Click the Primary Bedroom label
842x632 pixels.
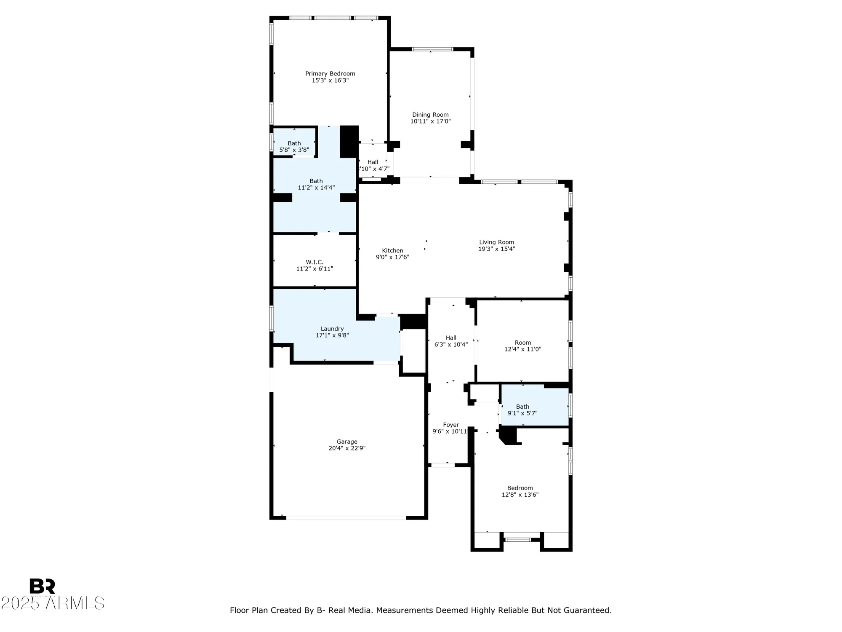330,74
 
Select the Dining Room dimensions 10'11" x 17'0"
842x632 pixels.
430,121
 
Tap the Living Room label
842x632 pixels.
496,242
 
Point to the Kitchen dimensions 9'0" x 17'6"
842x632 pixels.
392,257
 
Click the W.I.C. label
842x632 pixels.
314,262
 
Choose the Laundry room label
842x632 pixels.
332,329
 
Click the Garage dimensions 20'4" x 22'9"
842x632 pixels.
347,448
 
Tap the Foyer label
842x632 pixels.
451,425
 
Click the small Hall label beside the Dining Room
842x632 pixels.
373,162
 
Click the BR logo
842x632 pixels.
42,586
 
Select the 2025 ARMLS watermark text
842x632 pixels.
52,603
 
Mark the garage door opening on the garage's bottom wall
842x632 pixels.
346,517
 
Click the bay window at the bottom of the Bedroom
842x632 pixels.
517,540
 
